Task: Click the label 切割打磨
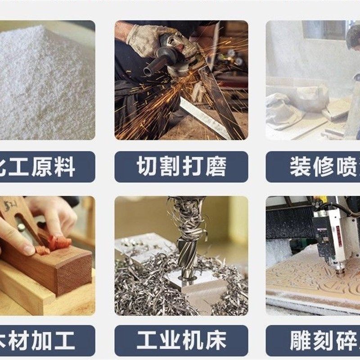(181, 166)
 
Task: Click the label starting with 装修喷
(315, 166)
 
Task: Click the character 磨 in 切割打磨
(216, 166)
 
